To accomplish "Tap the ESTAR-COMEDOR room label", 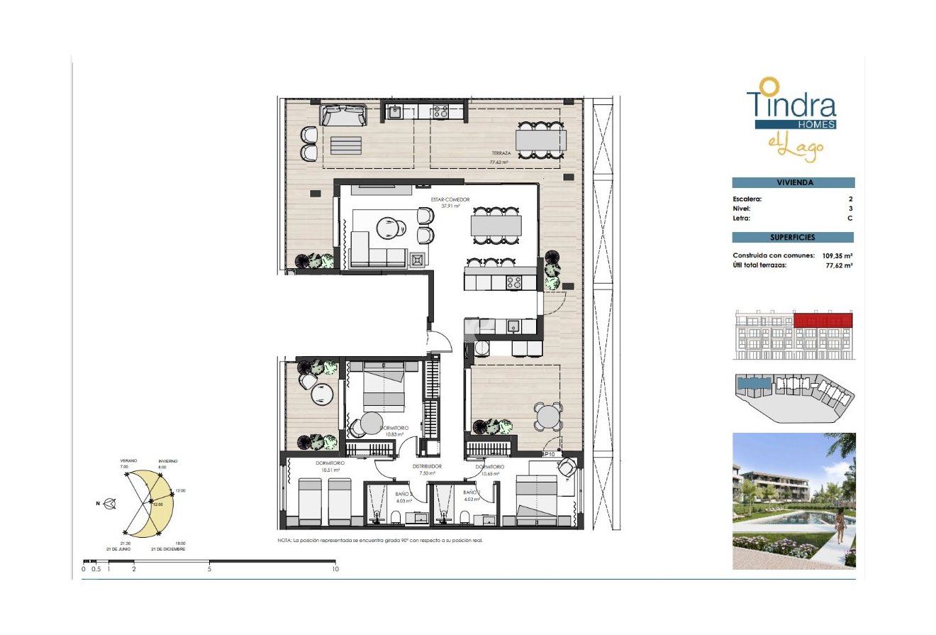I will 450,200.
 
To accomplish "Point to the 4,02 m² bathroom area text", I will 472,499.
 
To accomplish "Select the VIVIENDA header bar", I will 793,182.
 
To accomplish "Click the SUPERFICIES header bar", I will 793,238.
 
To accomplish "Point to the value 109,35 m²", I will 837,255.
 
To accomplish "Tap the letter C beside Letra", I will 849,219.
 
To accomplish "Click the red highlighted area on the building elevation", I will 823,321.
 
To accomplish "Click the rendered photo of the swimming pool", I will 793,500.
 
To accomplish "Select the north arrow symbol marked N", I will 109,504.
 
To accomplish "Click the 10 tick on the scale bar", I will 335,568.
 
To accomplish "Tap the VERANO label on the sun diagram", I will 128,461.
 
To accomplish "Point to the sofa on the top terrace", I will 343,115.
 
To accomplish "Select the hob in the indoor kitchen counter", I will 513,282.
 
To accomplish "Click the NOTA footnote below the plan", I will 384,541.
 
